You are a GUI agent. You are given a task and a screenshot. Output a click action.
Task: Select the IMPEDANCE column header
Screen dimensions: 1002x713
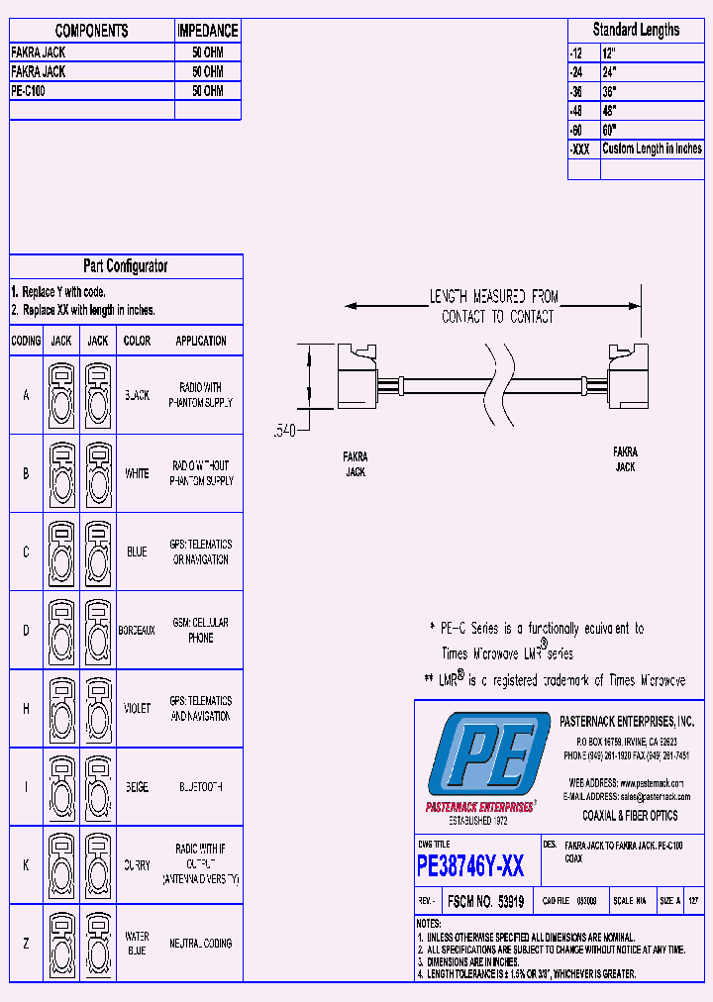pos(207,31)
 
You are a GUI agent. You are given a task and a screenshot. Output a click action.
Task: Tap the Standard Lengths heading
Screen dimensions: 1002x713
pos(636,30)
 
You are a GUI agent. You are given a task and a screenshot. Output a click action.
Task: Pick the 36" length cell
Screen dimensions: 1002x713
pos(610,89)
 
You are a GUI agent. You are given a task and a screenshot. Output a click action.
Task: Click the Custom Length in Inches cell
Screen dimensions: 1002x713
pos(652,149)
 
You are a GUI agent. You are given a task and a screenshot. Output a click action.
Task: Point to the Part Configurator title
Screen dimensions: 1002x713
pos(125,266)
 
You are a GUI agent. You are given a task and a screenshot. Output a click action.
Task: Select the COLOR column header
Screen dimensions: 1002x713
pos(137,341)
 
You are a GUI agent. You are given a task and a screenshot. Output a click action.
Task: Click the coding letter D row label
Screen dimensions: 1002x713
pos(26,630)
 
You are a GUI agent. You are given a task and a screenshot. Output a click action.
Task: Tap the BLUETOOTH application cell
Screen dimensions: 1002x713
pos(201,787)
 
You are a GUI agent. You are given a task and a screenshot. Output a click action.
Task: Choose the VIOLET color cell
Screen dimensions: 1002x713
pos(137,709)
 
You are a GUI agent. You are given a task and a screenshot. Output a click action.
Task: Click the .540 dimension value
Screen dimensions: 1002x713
pos(285,431)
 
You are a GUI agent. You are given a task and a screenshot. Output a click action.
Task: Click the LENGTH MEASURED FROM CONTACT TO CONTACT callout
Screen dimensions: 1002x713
pos(493,306)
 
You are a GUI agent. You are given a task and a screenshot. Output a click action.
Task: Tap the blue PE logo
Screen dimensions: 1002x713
pos(482,755)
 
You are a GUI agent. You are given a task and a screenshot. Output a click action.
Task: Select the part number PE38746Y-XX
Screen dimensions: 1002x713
pos(470,867)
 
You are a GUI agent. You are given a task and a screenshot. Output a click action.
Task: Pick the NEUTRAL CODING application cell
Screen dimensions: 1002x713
pos(201,944)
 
